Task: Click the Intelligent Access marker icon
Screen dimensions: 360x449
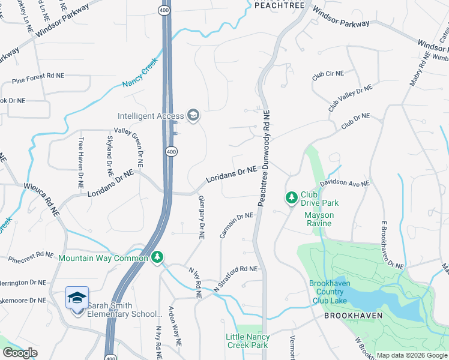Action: pyautogui.click(x=193, y=115)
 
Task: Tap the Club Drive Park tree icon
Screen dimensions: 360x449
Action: pyautogui.click(x=291, y=197)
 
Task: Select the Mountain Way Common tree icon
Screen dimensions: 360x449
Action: pyautogui.click(x=157, y=257)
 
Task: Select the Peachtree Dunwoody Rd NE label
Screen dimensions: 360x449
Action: pyautogui.click(x=265, y=158)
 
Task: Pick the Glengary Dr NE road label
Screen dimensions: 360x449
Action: pyautogui.click(x=201, y=218)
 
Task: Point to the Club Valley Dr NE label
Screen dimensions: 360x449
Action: pyautogui.click(x=350, y=98)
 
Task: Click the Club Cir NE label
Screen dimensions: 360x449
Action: pyautogui.click(x=328, y=74)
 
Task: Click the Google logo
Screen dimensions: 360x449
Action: pyautogui.click(x=20, y=353)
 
